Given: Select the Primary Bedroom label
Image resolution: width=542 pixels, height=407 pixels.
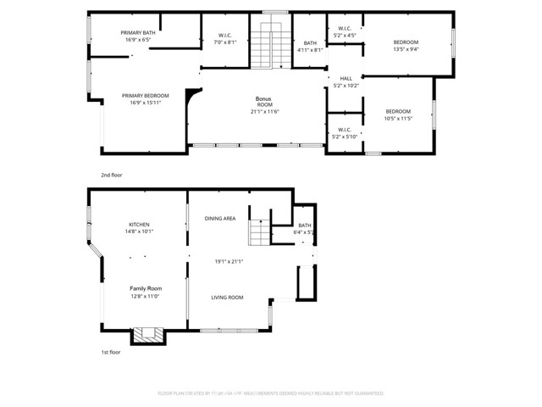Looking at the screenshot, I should click(145, 96).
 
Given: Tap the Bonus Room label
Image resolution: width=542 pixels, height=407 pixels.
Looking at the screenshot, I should click(264, 99).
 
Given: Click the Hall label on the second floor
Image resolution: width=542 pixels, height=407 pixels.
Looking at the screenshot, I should click(346, 78).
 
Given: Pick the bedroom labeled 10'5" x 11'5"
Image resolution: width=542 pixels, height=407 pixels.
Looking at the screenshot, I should click(398, 112).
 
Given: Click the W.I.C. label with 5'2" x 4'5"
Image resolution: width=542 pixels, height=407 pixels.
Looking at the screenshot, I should click(345, 29).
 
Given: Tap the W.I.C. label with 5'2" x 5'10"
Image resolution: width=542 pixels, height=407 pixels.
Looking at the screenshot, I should click(345, 130).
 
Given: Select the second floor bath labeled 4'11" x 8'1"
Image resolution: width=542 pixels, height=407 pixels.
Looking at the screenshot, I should click(311, 43).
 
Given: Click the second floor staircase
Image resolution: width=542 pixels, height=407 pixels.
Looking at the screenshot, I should click(271, 43).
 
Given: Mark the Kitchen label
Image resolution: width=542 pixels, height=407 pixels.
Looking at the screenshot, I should click(139, 225).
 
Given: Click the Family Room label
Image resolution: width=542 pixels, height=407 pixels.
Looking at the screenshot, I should click(144, 288).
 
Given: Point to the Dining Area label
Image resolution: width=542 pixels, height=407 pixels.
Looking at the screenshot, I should click(220, 219).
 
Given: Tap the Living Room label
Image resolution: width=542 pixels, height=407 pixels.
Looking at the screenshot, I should click(227, 297).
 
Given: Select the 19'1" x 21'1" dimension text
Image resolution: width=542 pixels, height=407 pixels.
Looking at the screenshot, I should click(229, 260).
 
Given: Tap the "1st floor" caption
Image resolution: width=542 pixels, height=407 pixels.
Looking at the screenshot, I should click(110, 352).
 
